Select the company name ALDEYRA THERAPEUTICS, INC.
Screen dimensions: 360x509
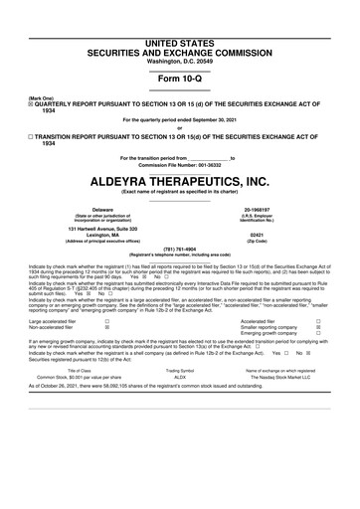coord(180,182)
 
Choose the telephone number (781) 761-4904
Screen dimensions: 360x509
coord(180,250)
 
